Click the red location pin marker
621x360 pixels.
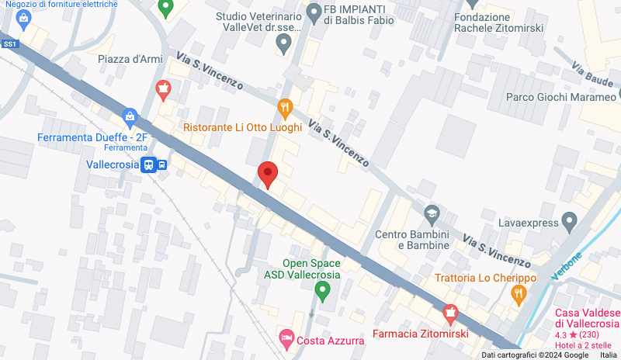click(267, 174)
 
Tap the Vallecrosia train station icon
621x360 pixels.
click(147, 164)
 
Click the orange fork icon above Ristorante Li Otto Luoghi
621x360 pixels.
click(285, 107)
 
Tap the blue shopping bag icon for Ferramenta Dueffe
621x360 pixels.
click(130, 119)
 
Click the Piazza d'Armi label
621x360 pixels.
click(129, 59)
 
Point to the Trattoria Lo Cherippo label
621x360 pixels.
click(486, 278)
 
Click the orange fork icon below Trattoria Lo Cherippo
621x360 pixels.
click(519, 294)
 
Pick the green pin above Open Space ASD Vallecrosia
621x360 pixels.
click(324, 292)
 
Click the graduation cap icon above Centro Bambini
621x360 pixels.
click(432, 212)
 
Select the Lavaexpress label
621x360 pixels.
click(528, 223)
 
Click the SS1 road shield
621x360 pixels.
click(10, 44)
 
